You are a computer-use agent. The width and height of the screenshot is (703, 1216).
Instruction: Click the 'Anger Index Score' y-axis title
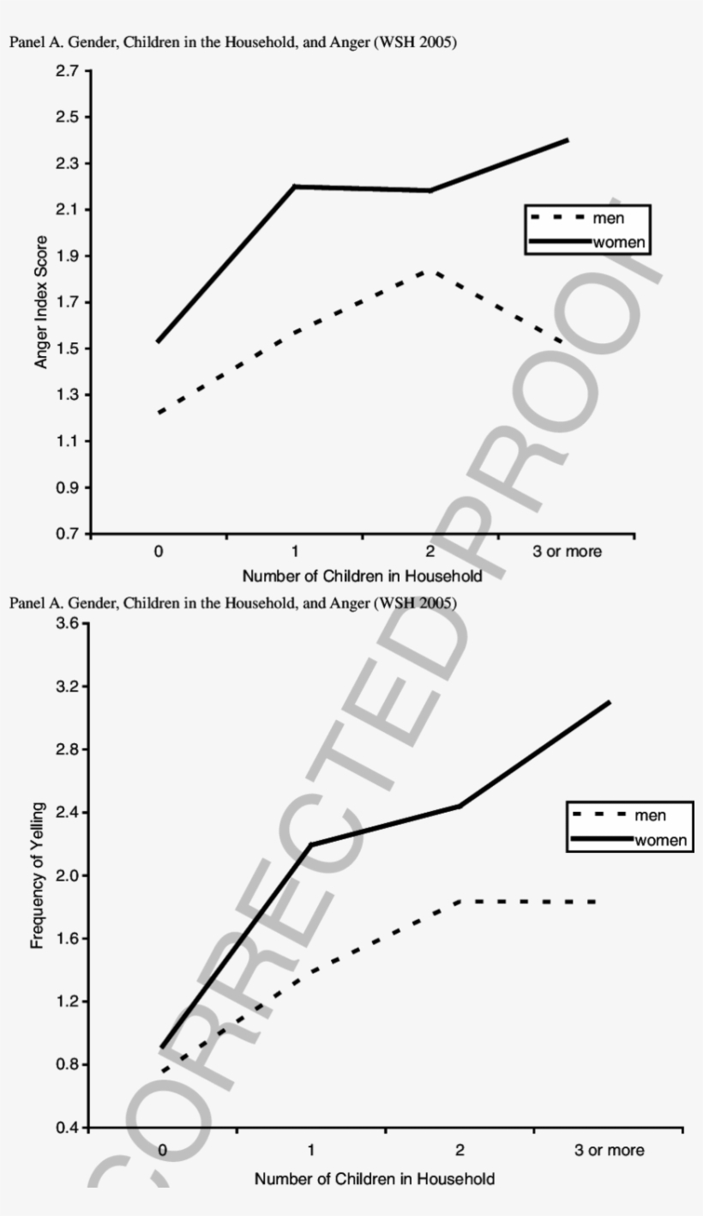(x=41, y=301)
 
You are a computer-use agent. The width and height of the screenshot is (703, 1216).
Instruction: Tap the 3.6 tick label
(x=68, y=623)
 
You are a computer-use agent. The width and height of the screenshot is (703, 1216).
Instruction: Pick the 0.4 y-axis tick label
(x=68, y=1127)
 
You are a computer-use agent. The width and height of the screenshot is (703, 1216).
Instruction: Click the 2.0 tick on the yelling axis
(x=68, y=875)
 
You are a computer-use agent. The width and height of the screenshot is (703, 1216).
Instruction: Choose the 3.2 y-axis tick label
(x=68, y=687)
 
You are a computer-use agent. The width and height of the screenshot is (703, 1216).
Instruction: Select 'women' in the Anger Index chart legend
(x=618, y=242)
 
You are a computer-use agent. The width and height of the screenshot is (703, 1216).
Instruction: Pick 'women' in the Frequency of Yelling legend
(x=660, y=839)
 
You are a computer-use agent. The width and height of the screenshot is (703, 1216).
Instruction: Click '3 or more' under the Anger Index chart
(x=567, y=552)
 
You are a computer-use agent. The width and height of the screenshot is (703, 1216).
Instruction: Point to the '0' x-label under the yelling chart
(x=163, y=1149)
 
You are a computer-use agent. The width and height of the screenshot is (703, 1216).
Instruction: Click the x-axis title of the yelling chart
(x=374, y=1178)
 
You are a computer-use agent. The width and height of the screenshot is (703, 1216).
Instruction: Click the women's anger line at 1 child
(x=294, y=186)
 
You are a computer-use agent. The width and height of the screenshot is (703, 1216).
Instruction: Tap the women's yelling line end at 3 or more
(x=609, y=702)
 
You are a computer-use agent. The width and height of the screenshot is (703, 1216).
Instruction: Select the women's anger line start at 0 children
(x=158, y=342)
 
